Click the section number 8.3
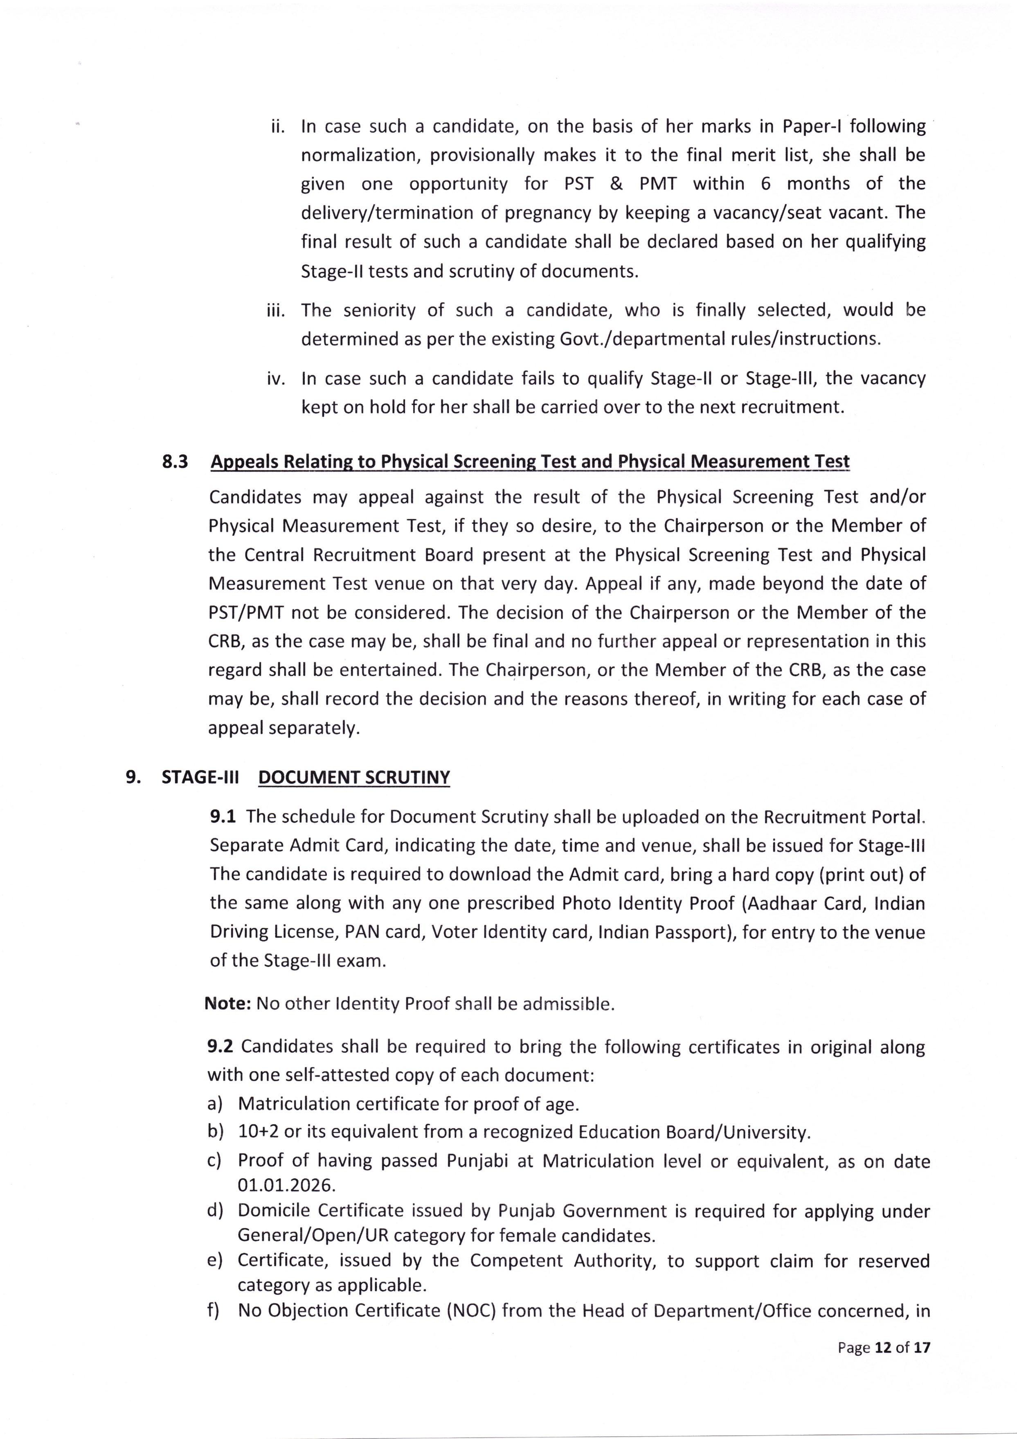pos(175,462)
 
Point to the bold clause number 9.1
pos(223,816)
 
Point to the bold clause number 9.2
pos(220,1046)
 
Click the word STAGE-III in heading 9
pos(200,777)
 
